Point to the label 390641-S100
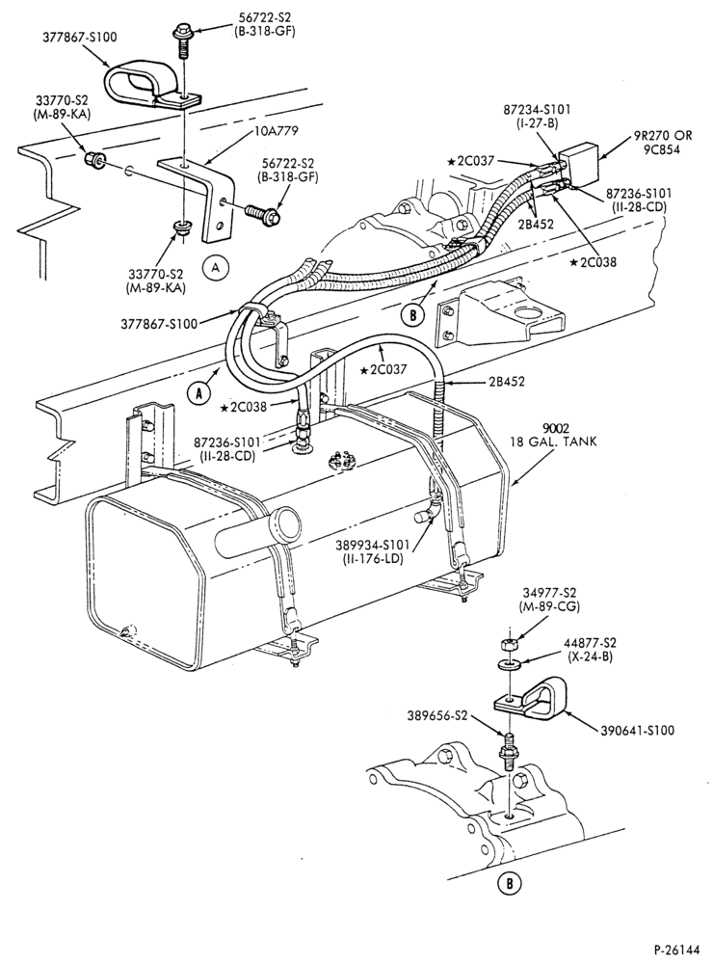637,731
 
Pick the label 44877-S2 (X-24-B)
590,649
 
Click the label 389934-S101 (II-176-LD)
379,551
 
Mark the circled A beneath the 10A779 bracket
215,266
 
